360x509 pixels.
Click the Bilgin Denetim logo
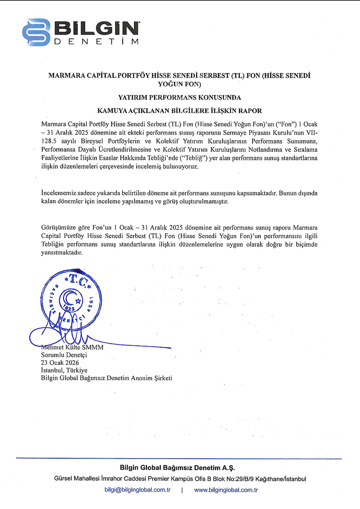pos(81,32)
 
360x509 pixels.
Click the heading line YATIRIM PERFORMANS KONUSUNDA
pos(180,97)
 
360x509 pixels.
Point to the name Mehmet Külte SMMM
pos(72,347)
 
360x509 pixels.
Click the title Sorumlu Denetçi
pos(64,355)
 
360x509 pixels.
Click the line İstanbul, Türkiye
pos(64,370)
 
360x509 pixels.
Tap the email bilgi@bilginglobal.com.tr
pos(137,490)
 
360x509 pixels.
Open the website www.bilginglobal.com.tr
pos(226,490)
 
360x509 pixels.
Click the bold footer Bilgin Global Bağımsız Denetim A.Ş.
pos(180,468)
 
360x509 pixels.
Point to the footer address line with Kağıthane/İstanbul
pos(180,479)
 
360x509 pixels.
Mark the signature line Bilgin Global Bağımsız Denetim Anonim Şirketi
pos(107,378)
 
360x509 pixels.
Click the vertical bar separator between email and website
pos(182,490)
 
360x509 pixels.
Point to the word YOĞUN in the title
pos(170,84)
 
